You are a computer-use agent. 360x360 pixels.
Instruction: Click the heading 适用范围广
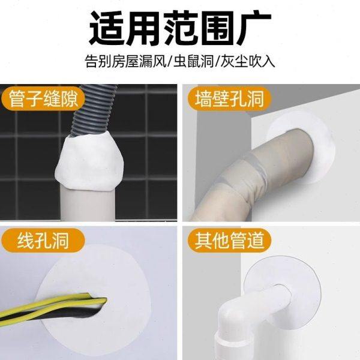coord(179,26)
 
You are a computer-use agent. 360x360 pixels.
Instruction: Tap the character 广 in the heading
coord(251,26)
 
